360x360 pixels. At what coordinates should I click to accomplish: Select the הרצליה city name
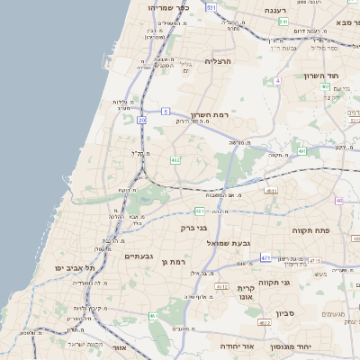pyautogui.click(x=219, y=61)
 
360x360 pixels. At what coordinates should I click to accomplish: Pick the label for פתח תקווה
pyautogui.click(x=311, y=230)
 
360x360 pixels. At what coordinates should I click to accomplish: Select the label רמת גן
pyautogui.click(x=194, y=261)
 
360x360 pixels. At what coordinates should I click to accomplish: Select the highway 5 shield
pyautogui.click(x=166, y=111)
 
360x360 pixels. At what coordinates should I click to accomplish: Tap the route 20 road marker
pyautogui.click(x=142, y=119)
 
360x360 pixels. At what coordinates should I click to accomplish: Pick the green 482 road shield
pyautogui.click(x=175, y=160)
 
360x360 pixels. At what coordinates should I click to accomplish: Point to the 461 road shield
pyautogui.click(x=154, y=317)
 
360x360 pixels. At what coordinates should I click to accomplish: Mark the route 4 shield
pyautogui.click(x=278, y=81)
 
